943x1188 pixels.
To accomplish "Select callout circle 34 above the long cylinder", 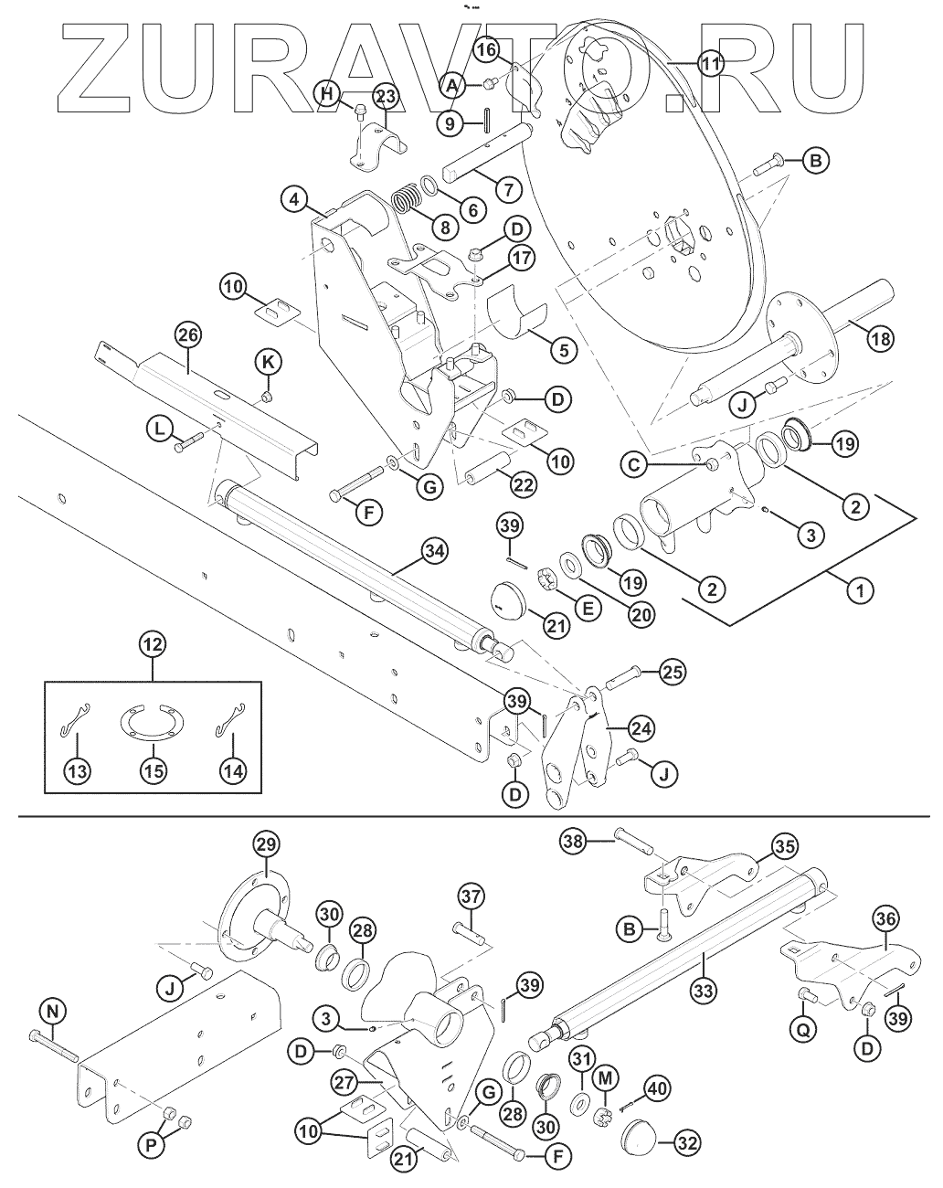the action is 436,550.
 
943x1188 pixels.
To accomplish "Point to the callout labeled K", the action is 269,362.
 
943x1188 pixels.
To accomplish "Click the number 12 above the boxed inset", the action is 153,644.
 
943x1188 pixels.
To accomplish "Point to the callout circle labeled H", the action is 327,94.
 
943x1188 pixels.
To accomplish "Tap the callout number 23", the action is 386,97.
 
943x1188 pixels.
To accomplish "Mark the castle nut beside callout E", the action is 546,581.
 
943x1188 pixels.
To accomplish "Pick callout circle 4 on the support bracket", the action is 294,199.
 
